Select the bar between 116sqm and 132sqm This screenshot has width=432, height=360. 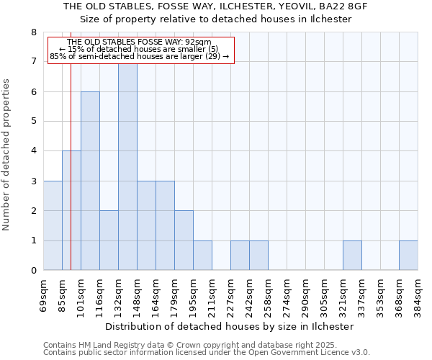pyautogui.click(x=109, y=240)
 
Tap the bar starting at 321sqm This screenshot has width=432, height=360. pyautogui.click(x=352, y=256)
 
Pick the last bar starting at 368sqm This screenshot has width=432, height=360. pyautogui.click(x=408, y=256)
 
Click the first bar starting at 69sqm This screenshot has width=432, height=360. pyautogui.click(x=53, y=225)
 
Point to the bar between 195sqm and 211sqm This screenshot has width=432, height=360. pyautogui.click(x=202, y=256)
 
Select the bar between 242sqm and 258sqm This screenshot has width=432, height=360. pyautogui.click(x=258, y=256)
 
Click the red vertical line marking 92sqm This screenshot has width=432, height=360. pyautogui.click(x=71, y=180)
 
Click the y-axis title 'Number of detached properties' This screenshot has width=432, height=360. pyautogui.click(x=7, y=156)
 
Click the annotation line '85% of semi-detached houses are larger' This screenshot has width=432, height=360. pyautogui.click(x=140, y=56)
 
